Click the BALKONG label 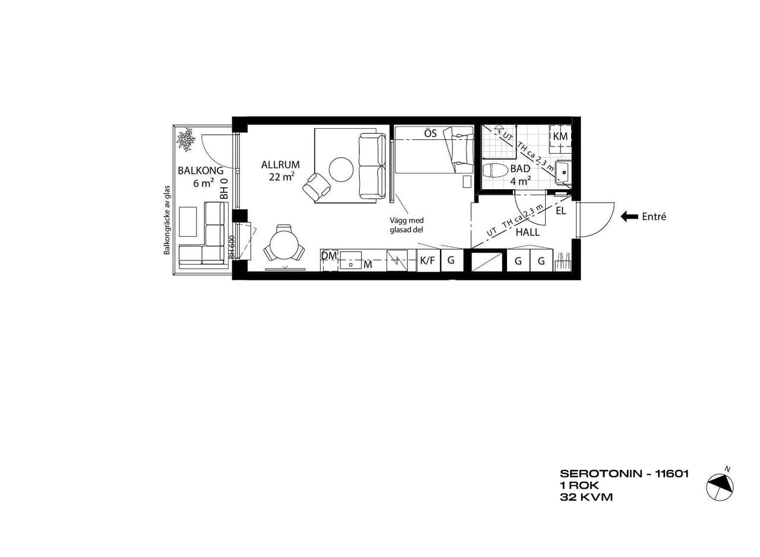point(201,170)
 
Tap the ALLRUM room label point(280,165)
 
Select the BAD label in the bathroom point(520,168)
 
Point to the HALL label point(528,232)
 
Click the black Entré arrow point(629,217)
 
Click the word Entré point(654,217)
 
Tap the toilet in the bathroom point(495,170)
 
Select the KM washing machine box point(560,139)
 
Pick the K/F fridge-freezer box point(428,260)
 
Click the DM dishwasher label point(328,256)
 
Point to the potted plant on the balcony point(186,139)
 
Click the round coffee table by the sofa point(341,170)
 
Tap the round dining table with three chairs point(284,243)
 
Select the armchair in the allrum point(316,187)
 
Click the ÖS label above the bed point(430,133)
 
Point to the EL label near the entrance point(561,211)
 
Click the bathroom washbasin point(563,172)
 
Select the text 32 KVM point(586,497)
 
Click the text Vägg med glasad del point(407,225)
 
